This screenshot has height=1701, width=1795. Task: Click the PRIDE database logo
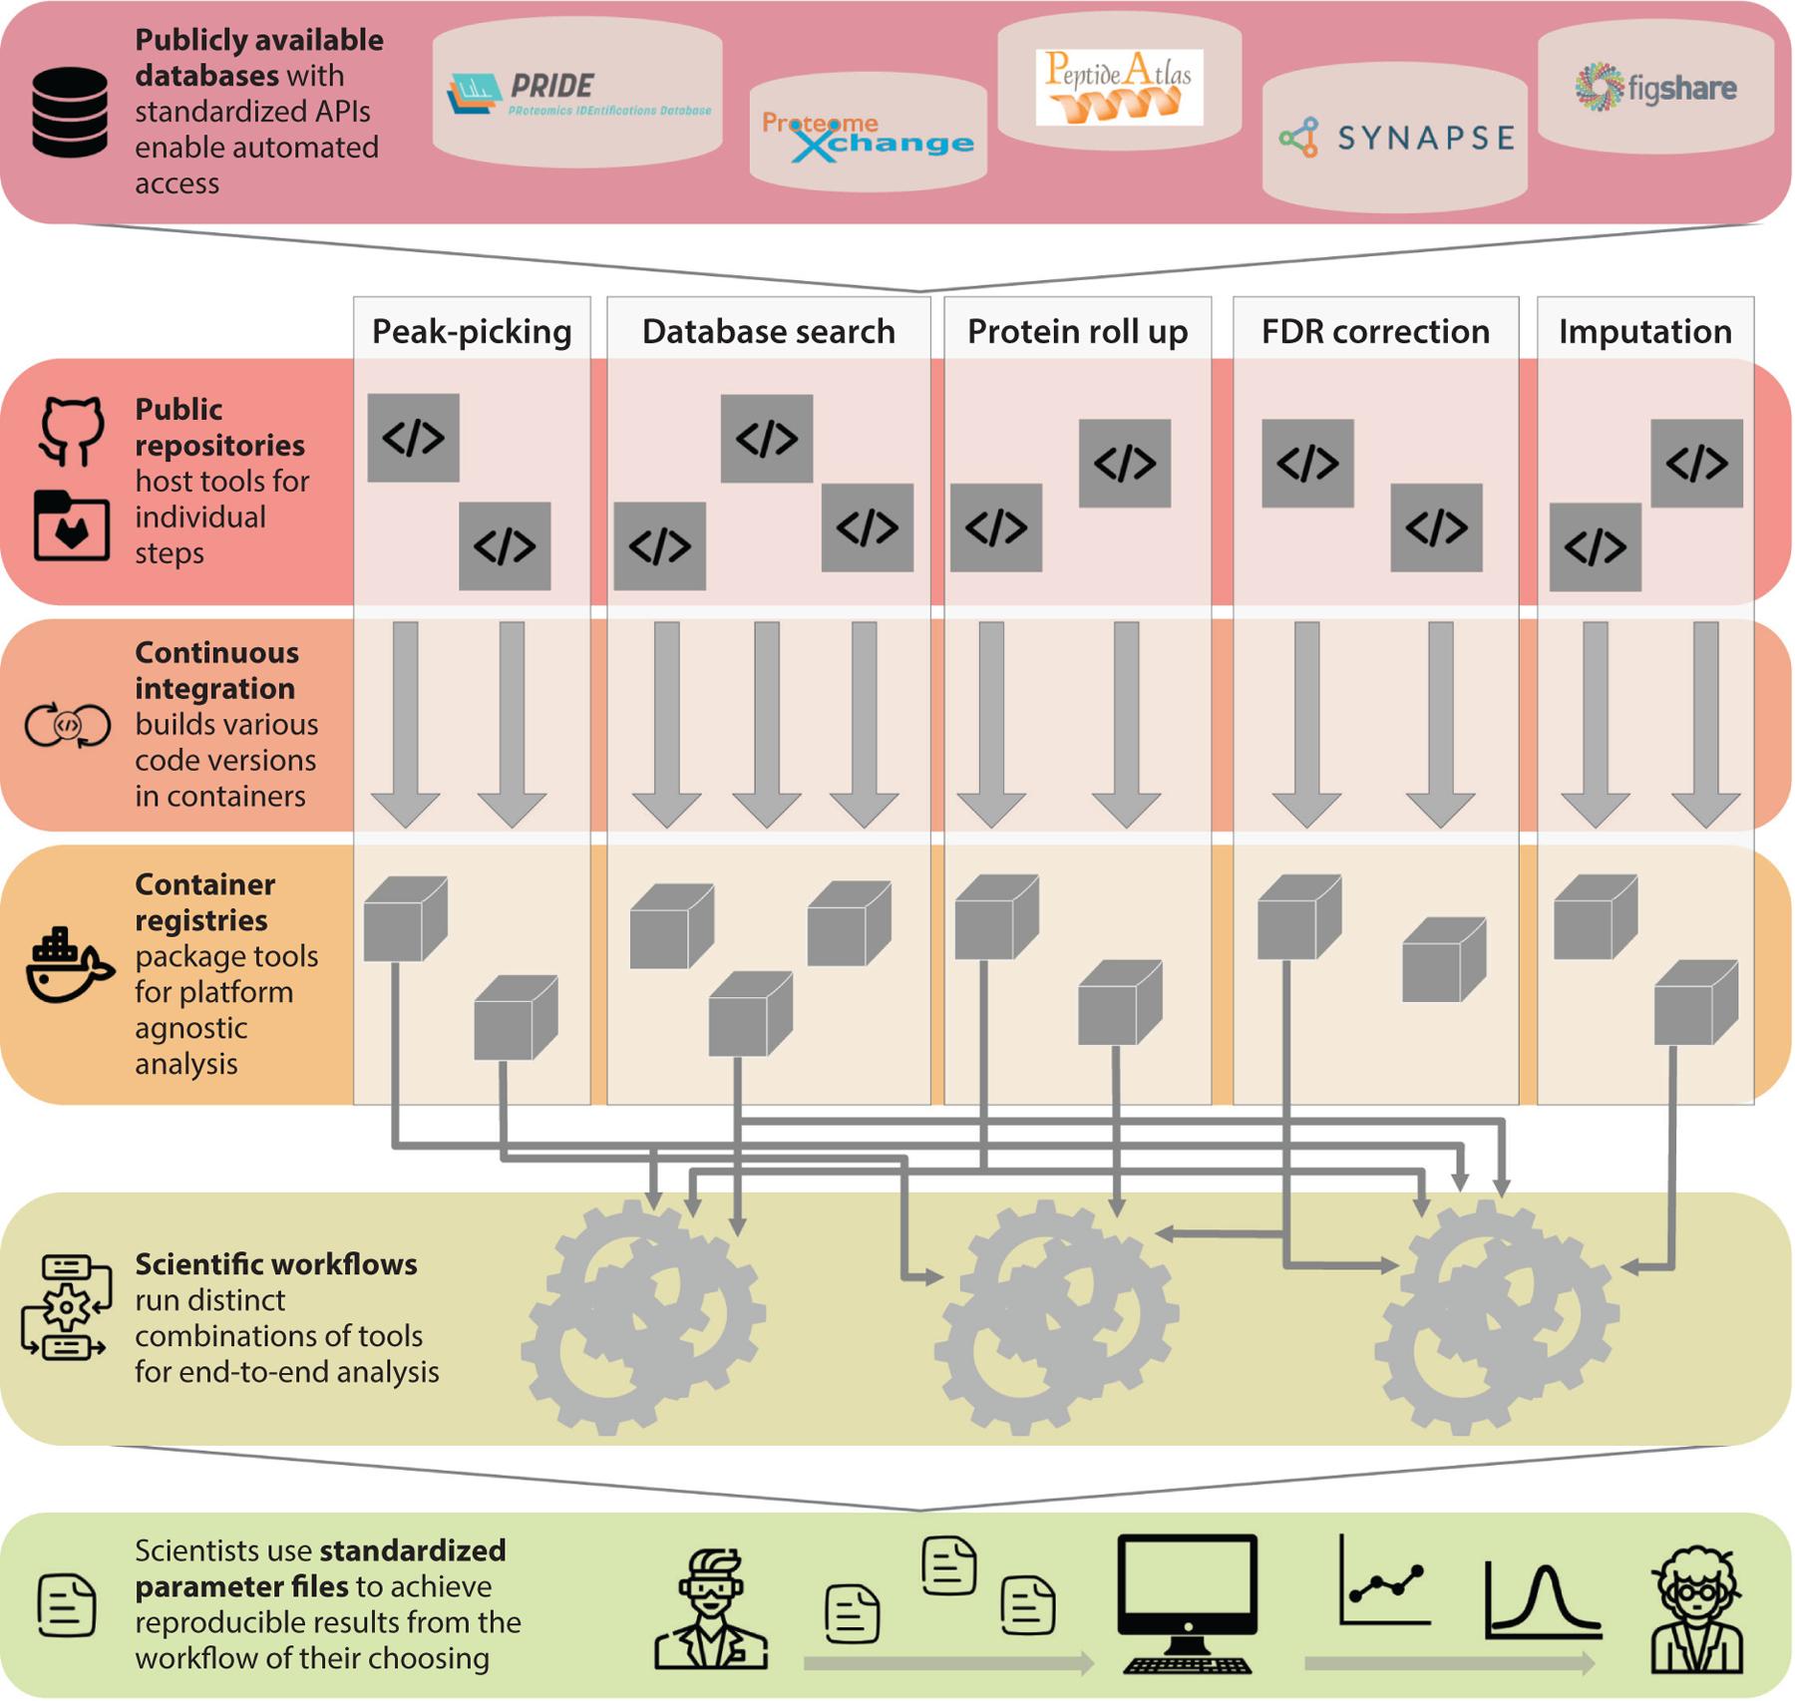point(578,96)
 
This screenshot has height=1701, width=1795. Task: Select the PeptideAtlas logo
point(1119,87)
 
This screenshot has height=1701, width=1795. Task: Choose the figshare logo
point(1655,88)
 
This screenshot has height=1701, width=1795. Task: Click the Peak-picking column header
point(472,331)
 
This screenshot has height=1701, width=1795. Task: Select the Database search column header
point(768,331)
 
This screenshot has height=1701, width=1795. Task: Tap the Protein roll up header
point(1077,331)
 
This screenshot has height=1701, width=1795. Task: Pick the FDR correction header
point(1375,331)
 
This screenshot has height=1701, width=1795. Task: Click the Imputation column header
point(1645,331)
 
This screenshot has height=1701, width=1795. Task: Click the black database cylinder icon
point(70,112)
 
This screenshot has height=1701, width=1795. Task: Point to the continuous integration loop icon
point(67,725)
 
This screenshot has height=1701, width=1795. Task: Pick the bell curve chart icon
point(1543,1601)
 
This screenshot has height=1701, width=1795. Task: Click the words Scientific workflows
point(276,1264)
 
